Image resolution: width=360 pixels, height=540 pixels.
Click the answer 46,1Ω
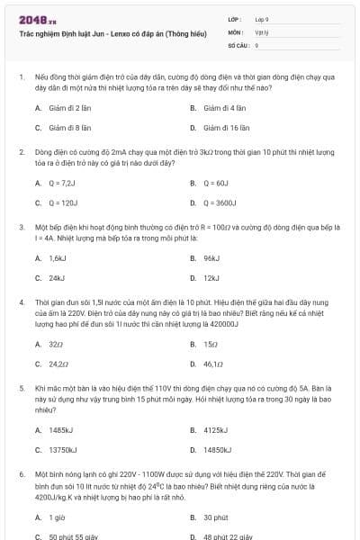click(213, 364)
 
